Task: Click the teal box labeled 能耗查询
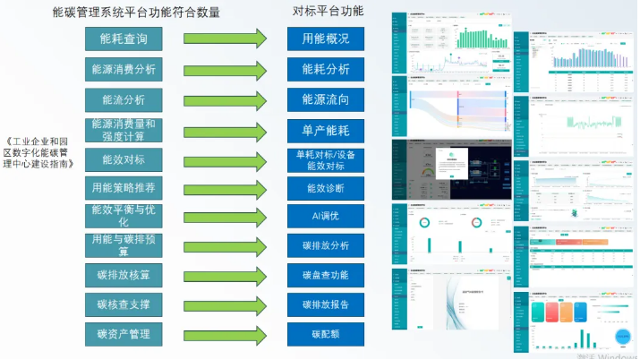124,39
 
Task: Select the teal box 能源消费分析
124,69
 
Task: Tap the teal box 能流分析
124,99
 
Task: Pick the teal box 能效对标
124,159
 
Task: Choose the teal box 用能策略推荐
124,188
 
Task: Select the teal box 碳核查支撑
124,304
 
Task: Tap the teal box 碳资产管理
124,334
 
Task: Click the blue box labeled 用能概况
326,39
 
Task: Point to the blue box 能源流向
326,99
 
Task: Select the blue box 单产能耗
326,131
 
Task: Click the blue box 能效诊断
326,188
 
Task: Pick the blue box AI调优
326,216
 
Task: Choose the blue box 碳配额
326,334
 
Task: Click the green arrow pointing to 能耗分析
226,69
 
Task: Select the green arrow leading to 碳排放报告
226,304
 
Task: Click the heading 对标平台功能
329,12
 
